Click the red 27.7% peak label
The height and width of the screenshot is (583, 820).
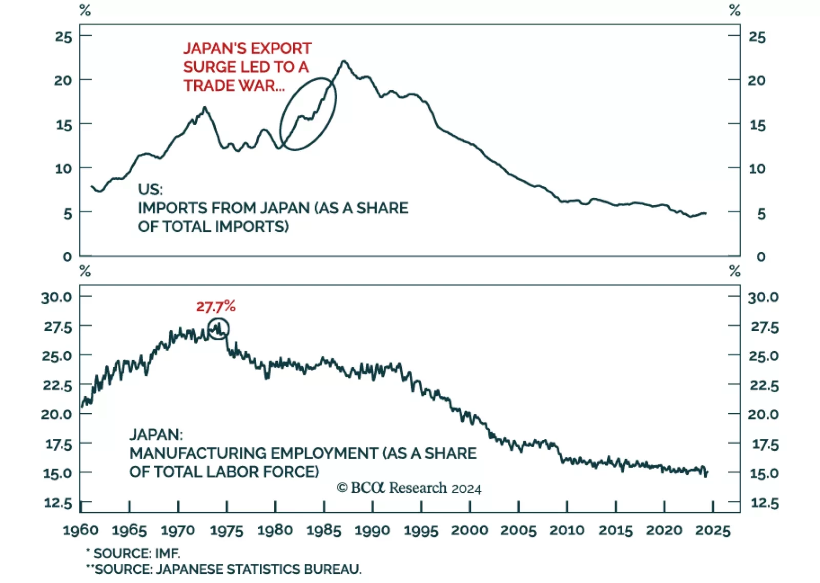pyautogui.click(x=215, y=307)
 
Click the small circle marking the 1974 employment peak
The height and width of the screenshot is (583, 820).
pyautogui.click(x=219, y=329)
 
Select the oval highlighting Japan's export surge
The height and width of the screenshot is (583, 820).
pyautogui.click(x=308, y=114)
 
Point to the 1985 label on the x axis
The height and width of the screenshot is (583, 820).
pyautogui.click(x=324, y=530)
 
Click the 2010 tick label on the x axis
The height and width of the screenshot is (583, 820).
pyautogui.click(x=567, y=530)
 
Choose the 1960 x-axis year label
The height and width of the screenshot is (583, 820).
pyautogui.click(x=80, y=530)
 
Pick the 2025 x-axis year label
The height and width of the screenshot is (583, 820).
pyautogui.click(x=712, y=530)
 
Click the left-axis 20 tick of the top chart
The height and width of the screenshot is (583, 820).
pyautogui.click(x=63, y=81)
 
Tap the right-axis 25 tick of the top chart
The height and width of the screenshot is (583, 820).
pyautogui.click(x=757, y=37)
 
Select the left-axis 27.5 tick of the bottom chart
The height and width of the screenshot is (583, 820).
pyautogui.click(x=57, y=327)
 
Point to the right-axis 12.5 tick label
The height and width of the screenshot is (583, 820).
pyautogui.click(x=764, y=503)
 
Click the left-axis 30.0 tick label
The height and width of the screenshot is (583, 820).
pyautogui.click(x=56, y=297)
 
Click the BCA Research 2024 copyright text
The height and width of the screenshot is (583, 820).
pyautogui.click(x=409, y=488)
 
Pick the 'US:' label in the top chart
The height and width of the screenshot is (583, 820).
pyautogui.click(x=150, y=189)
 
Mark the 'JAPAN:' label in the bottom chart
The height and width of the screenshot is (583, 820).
pyautogui.click(x=156, y=435)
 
